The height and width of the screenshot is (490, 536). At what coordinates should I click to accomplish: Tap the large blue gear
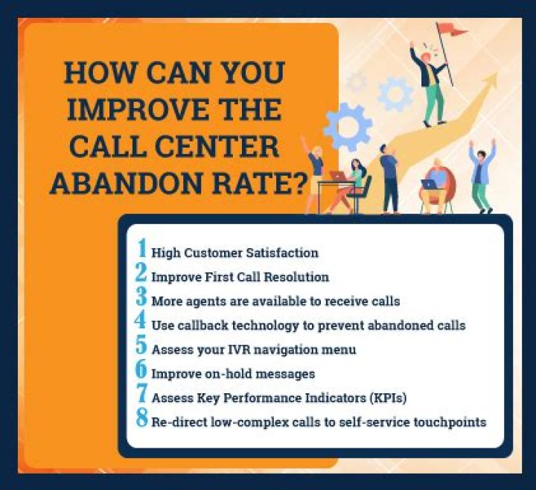pyautogui.click(x=348, y=127)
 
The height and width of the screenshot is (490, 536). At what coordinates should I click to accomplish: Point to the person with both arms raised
pyautogui.click(x=482, y=175)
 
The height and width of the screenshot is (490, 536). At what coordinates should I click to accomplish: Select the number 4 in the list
pyautogui.click(x=141, y=324)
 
